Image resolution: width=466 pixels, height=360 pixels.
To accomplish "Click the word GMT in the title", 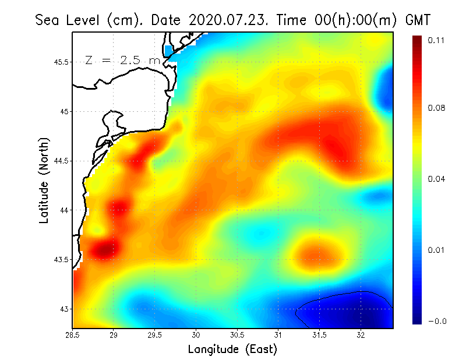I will [417, 20].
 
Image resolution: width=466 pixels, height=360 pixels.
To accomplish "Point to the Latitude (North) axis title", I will [44, 179].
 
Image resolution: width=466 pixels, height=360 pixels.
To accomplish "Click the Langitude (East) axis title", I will [232, 349].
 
